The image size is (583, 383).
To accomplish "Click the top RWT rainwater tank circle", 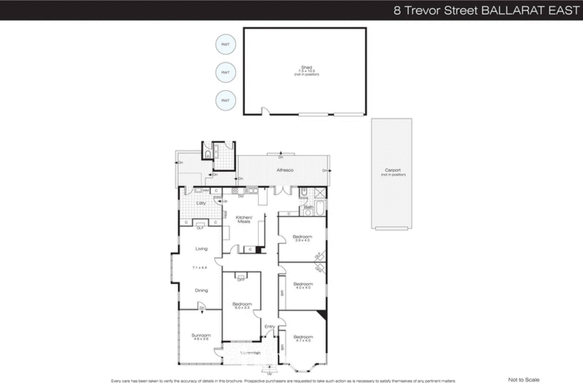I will coord(226,44).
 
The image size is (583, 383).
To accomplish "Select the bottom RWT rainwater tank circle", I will coord(226,100).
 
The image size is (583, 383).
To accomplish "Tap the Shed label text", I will coord(306,68).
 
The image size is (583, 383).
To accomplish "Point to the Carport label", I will coord(392,170).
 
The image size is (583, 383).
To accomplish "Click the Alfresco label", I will coord(285,170).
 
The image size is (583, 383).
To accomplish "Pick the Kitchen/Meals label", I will coord(244,219).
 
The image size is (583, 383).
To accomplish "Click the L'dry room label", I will coord(201,203).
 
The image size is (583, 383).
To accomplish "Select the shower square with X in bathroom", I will coord(320,193).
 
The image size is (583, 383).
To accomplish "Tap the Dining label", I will coord(201,290).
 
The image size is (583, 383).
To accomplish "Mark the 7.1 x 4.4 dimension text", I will coord(199,268).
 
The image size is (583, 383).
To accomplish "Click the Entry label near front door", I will coord(269,326).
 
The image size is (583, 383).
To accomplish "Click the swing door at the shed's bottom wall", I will coord(266,111).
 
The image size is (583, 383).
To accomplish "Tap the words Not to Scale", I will coord(524,379).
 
